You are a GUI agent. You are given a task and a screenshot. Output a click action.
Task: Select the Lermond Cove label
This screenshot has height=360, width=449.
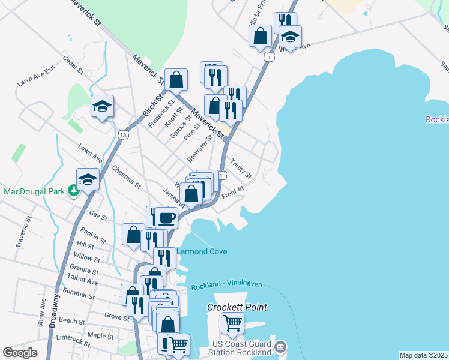point(202,251)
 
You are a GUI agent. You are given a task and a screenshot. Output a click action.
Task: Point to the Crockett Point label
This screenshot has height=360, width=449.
point(237,307)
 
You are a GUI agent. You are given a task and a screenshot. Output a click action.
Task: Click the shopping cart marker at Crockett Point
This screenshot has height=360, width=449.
point(232,323)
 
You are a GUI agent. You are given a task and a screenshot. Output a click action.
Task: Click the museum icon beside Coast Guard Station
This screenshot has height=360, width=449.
point(280,347)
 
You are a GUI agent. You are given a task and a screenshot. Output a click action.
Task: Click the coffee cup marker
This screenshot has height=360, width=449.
point(166,218)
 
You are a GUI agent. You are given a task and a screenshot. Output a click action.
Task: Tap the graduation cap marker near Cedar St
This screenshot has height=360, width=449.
point(102,106)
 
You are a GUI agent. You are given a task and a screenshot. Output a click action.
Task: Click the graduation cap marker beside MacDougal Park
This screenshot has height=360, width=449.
point(88,179)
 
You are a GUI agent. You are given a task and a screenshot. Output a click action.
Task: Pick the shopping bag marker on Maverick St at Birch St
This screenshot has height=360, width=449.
point(176,79)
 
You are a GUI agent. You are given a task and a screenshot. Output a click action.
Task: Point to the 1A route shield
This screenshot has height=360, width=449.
point(124,134)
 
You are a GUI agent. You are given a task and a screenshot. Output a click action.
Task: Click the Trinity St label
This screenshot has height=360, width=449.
point(241,169)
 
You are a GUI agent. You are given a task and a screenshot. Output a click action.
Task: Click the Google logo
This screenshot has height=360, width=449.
point(20,353)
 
